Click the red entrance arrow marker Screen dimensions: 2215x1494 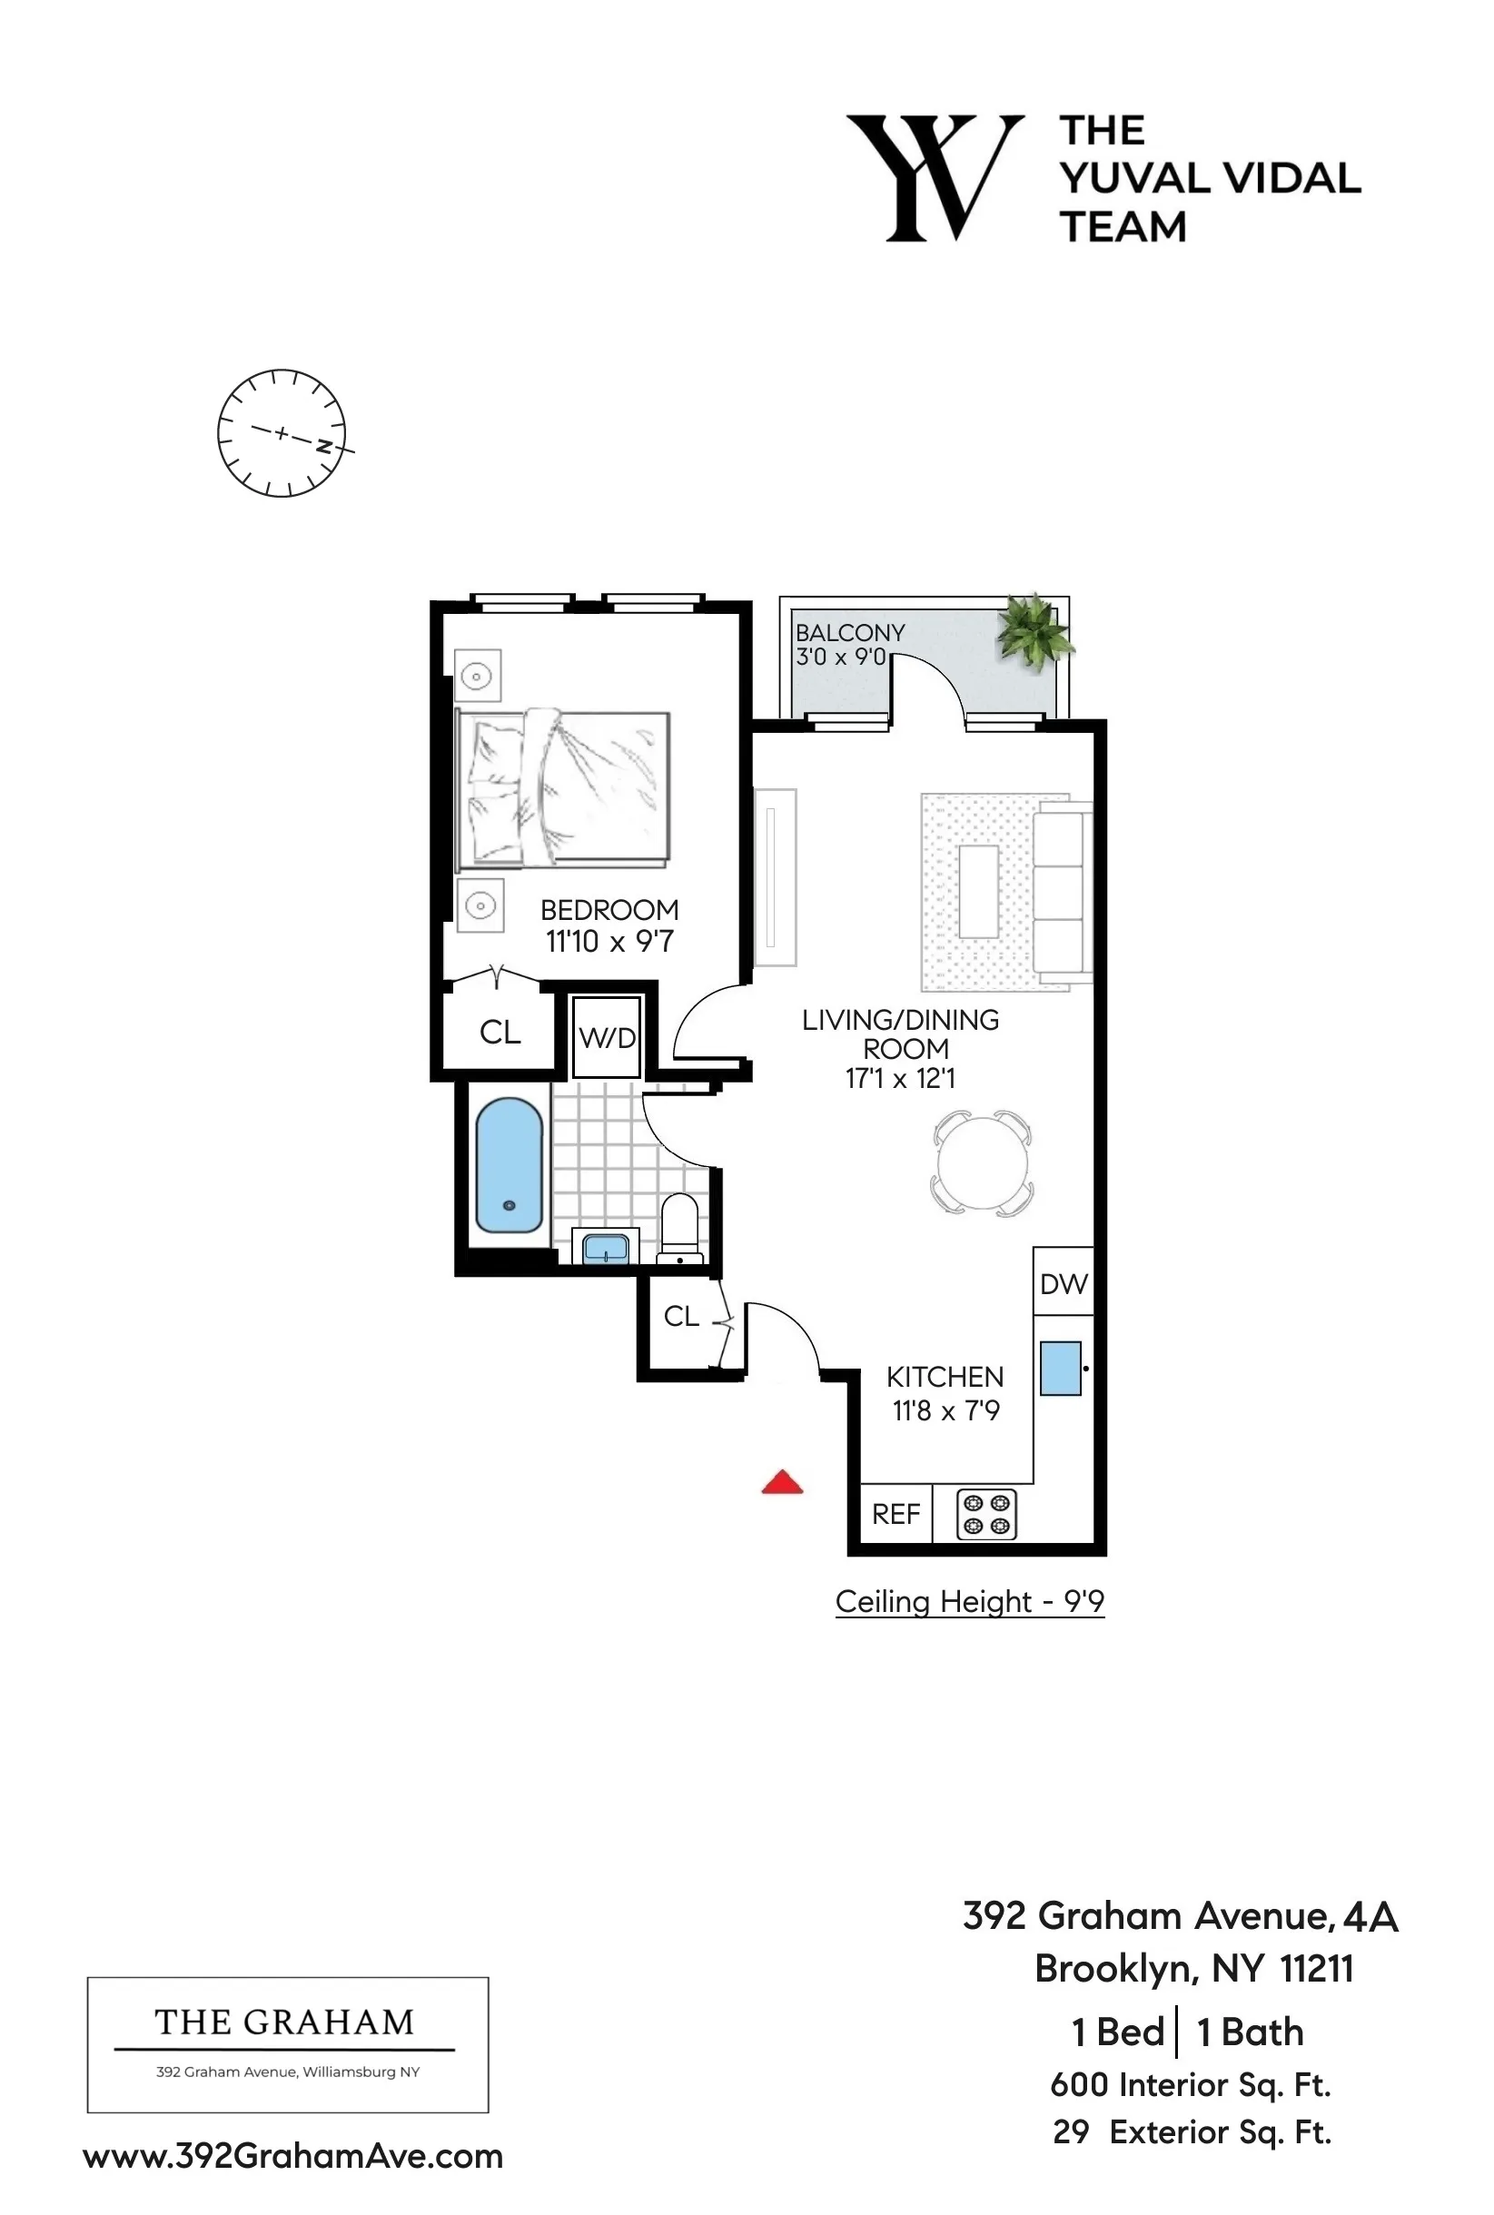point(782,1482)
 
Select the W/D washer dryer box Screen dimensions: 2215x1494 point(607,1037)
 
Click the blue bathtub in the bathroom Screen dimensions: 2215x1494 point(509,1166)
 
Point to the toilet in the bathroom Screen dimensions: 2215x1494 point(679,1228)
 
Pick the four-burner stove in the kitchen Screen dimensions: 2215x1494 point(986,1514)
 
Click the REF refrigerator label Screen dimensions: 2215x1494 point(895,1514)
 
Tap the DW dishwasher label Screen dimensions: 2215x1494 point(1064,1284)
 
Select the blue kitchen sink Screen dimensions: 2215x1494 point(1060,1368)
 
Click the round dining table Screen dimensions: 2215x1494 point(983,1163)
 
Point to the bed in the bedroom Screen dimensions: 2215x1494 point(564,789)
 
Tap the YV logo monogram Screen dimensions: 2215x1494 point(935,178)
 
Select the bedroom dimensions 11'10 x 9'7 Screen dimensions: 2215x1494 point(608,941)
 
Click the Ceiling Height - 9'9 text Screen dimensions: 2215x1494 point(969,1601)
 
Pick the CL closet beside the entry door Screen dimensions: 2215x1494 point(680,1316)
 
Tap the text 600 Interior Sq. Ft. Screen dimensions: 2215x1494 point(1190,2084)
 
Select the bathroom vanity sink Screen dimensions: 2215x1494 point(605,1247)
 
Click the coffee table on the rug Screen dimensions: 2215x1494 point(978,891)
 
